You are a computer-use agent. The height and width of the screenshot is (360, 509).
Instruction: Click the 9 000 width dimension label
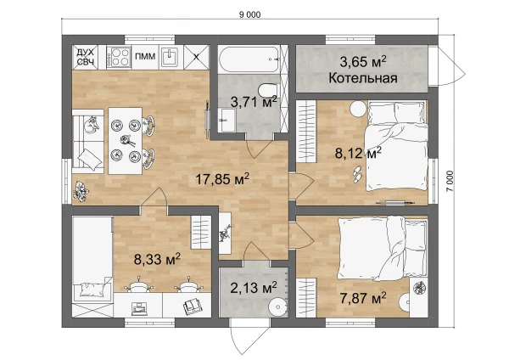pyautogui.click(x=249, y=14)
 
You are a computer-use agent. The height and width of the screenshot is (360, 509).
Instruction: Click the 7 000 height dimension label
pyautogui.click(x=450, y=182)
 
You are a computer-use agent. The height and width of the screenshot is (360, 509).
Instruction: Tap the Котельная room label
pyautogui.click(x=363, y=78)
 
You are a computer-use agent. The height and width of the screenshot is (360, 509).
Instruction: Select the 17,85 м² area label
pyautogui.click(x=222, y=179)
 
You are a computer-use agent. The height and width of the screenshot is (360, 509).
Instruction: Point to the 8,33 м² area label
pyautogui.click(x=157, y=260)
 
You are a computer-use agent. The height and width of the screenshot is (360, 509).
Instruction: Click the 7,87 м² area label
pyautogui.click(x=363, y=298)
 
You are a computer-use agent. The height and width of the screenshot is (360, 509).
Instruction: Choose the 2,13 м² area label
pyautogui.click(x=254, y=288)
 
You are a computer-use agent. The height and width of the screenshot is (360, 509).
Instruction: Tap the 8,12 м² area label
pyautogui.click(x=358, y=153)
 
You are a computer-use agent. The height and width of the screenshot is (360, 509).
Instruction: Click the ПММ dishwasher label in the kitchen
pyautogui.click(x=145, y=57)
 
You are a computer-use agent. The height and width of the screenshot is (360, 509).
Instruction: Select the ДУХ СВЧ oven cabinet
pyautogui.click(x=85, y=57)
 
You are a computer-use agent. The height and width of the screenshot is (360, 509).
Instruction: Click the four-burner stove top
pyautogui.click(x=119, y=57)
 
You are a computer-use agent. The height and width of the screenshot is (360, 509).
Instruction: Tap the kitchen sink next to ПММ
pyautogui.click(x=171, y=57)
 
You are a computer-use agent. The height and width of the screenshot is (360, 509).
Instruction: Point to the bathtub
pyautogui.click(x=249, y=59)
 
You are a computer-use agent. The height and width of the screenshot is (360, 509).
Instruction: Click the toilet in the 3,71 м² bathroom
pyautogui.click(x=268, y=89)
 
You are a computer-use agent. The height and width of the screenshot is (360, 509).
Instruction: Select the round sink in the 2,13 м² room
pyautogui.click(x=278, y=306)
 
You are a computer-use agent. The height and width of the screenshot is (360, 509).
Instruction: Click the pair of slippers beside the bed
pyautogui.click(x=357, y=173)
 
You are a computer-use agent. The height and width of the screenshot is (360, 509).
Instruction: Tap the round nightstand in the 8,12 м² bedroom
pyautogui.click(x=358, y=109)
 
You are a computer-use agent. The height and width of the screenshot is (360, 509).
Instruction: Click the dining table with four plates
pyautogui.click(x=125, y=141)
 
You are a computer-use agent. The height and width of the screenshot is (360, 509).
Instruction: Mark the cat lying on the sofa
pyautogui.click(x=92, y=125)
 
